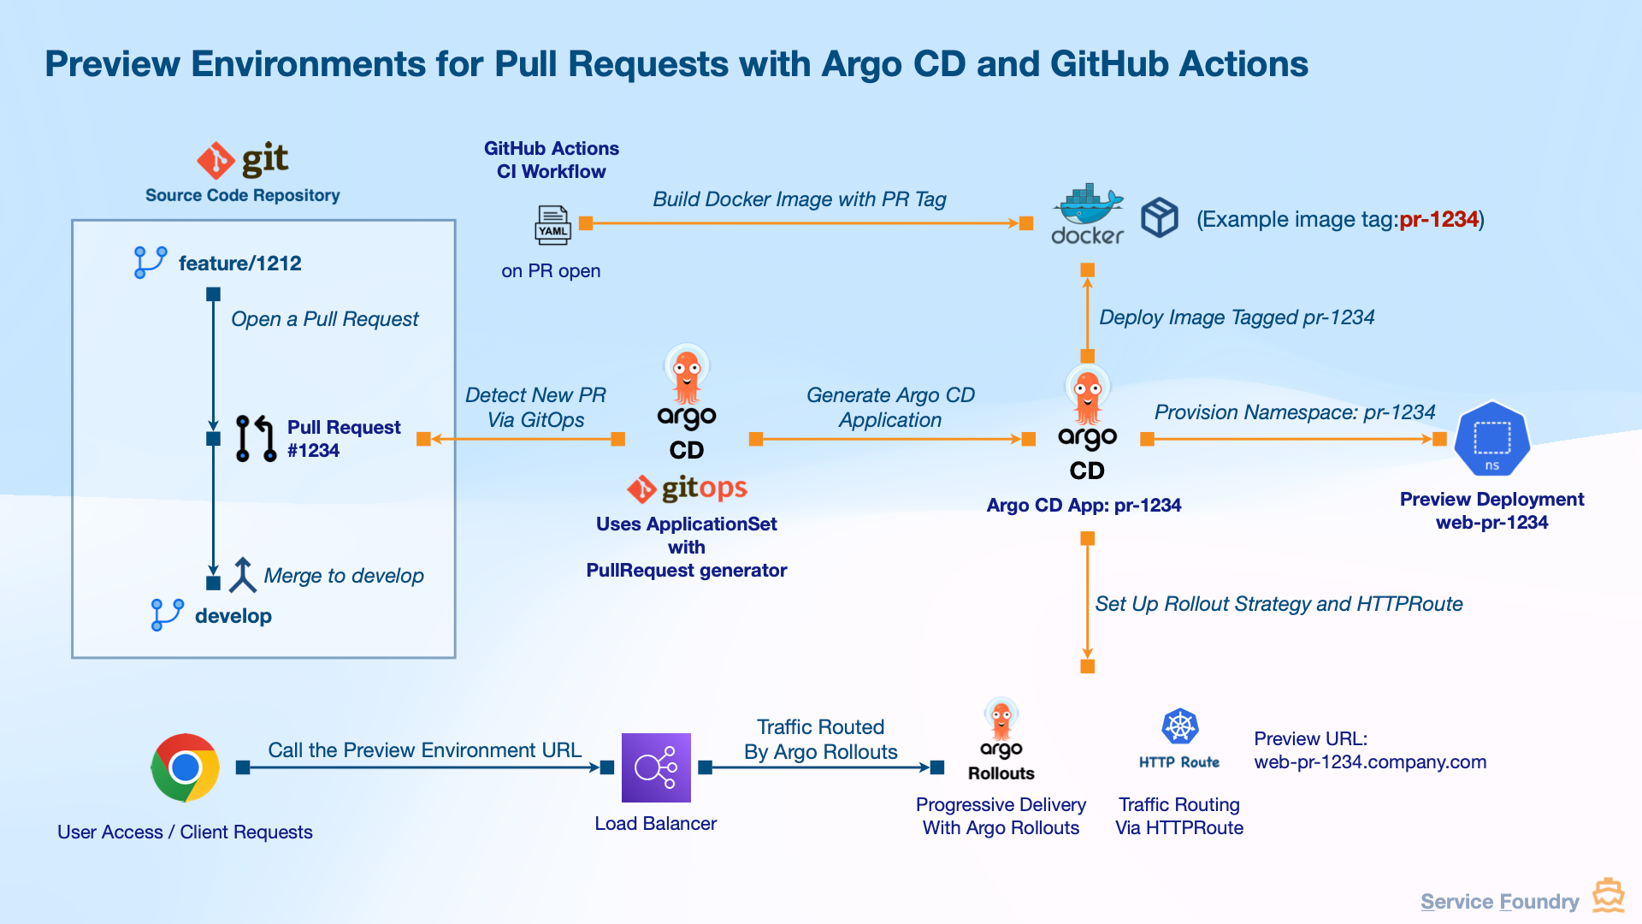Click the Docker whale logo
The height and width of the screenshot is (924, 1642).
[1087, 204]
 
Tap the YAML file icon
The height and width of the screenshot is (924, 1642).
[552, 225]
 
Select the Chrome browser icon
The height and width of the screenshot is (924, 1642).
[185, 767]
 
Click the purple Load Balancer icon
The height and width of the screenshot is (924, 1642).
[656, 767]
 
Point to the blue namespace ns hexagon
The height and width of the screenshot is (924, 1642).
[1492, 439]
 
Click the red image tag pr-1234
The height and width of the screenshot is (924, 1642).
[1438, 220]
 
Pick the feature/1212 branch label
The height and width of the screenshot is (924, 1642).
[240, 264]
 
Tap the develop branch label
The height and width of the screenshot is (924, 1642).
[233, 616]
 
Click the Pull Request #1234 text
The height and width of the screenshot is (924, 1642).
[344, 439]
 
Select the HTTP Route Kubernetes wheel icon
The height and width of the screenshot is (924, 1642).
[1180, 726]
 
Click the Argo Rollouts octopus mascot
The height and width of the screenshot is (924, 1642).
[1001, 719]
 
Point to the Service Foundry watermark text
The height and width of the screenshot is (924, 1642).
[1500, 902]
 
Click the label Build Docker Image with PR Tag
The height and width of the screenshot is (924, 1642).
[800, 199]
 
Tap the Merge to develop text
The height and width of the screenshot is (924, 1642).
[344, 576]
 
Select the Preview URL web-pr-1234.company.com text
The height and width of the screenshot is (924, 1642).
[1370, 750]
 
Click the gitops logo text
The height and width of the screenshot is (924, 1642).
[704, 489]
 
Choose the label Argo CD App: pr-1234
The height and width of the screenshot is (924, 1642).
[1084, 505]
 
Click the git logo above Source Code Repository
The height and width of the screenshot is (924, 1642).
[243, 160]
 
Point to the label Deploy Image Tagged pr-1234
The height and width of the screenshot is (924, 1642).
[1237, 317]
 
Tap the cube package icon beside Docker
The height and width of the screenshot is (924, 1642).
[1160, 217]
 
